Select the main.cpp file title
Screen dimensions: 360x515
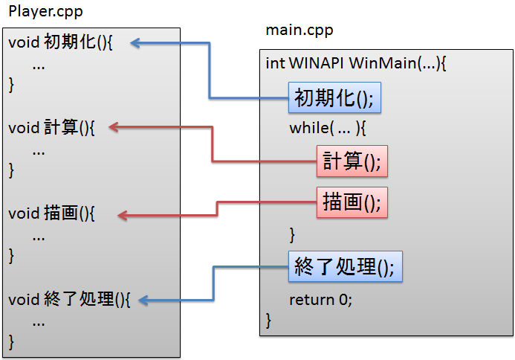tap(299, 30)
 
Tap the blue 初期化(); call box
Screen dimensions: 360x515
tap(334, 97)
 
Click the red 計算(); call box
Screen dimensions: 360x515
tap(352, 161)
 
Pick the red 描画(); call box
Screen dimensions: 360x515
tap(352, 202)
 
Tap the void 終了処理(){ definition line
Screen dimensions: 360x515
tap(69, 300)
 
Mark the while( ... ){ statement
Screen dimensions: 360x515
tap(328, 127)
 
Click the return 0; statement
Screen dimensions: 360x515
tap(320, 300)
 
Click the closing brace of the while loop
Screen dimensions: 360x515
tap(292, 235)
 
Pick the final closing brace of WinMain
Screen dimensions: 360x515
tap(268, 321)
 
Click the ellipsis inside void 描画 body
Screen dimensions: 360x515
tap(39, 237)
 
